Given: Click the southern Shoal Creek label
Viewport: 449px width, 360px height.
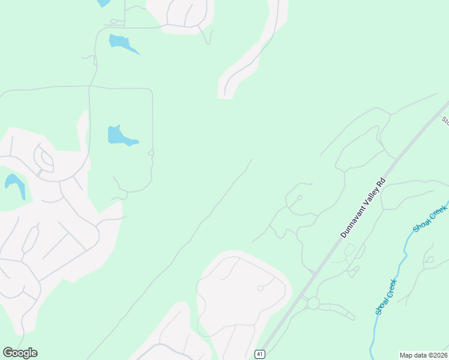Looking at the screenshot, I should pos(386,297).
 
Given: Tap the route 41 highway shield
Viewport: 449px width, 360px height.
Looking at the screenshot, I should pos(259,353).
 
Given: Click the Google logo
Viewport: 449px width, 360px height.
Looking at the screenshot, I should pos(20,353).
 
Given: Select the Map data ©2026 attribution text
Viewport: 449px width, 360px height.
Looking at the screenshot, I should pos(423,355).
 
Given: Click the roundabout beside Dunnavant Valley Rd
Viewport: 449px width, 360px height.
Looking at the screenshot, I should pos(313,304).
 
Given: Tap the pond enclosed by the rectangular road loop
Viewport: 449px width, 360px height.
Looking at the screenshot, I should pos(121,136).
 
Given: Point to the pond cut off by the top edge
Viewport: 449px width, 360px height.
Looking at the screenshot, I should pos(103,2).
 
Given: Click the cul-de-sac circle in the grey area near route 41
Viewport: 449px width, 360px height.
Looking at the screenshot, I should pos(261,288).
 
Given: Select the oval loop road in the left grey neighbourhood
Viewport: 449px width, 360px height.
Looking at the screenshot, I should pos(43,159).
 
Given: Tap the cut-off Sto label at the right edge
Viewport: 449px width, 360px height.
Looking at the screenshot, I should pos(445,121).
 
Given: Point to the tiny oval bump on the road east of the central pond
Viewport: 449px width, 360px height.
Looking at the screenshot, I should pos(151,153).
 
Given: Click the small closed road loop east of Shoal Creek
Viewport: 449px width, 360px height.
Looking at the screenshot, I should pos(429,261).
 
